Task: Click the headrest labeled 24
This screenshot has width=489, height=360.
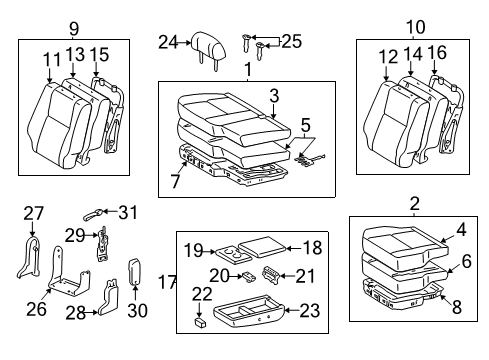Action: click(209, 48)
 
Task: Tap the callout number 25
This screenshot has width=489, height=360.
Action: click(292, 42)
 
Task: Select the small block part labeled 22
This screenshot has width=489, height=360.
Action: click(200, 322)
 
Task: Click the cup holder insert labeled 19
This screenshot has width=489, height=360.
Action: click(233, 255)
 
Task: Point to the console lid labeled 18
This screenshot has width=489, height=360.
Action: click(262, 247)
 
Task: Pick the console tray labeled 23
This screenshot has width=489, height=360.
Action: click(249, 310)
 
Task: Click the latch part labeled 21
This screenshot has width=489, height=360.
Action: click(272, 275)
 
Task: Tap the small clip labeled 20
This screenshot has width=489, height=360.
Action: click(249, 277)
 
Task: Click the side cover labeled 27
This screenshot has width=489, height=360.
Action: click(29, 257)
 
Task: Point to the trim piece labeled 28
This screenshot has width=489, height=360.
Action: click(109, 298)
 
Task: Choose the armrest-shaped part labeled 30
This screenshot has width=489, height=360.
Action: click(135, 272)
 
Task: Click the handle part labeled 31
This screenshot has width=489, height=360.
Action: click(93, 214)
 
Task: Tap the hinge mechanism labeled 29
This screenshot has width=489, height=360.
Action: click(103, 244)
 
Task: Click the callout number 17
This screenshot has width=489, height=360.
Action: click(167, 282)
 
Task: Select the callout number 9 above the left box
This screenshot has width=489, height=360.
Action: click(74, 29)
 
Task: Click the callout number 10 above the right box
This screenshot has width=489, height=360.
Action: click(416, 27)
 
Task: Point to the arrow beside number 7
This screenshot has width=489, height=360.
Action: click(182, 169)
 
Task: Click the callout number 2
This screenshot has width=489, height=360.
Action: click(414, 203)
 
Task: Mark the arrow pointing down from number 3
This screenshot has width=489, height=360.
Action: click(273, 110)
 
